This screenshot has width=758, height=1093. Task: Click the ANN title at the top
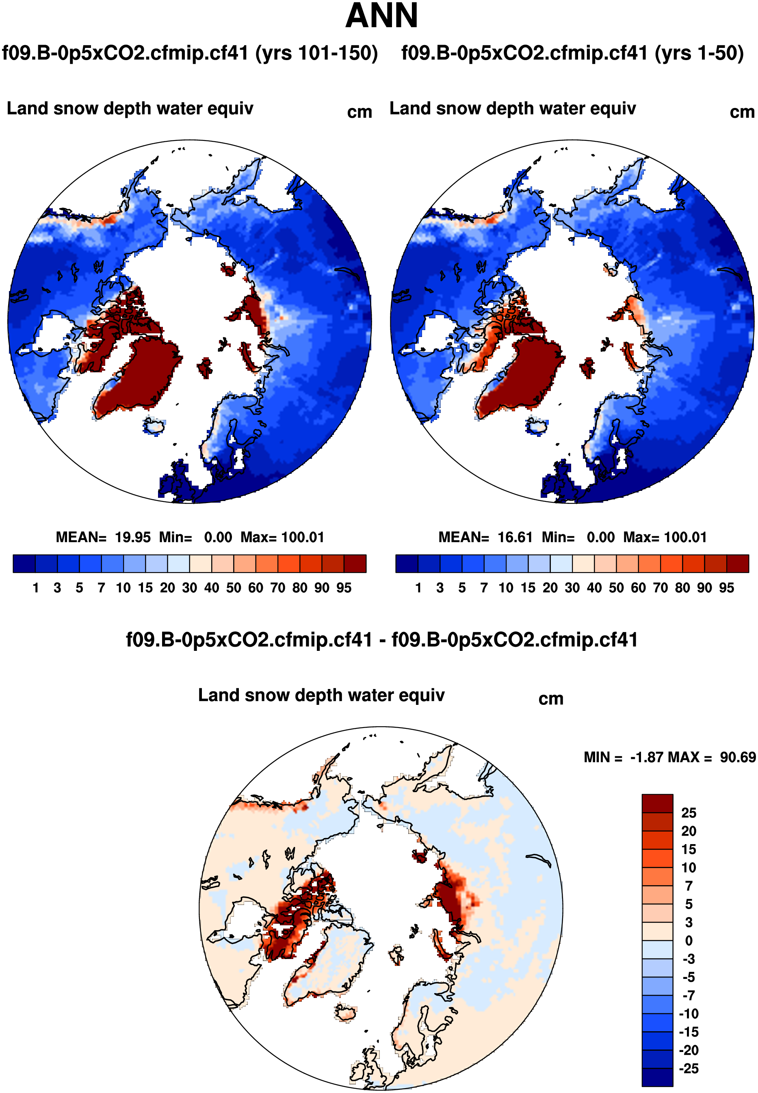click(x=381, y=16)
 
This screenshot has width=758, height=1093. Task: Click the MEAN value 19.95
click(x=132, y=537)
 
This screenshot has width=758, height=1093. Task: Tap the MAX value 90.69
click(x=738, y=757)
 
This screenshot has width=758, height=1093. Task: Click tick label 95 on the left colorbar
click(x=344, y=588)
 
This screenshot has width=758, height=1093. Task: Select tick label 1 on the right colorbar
click(x=418, y=588)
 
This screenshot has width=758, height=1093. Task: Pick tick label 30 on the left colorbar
click(x=189, y=588)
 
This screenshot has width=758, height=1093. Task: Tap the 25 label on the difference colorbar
click(x=689, y=813)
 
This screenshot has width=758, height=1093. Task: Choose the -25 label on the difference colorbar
click(x=690, y=1068)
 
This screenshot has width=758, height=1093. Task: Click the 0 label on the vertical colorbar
click(x=689, y=941)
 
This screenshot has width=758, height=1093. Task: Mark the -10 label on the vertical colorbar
click(x=690, y=1014)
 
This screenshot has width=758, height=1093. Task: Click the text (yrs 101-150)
click(x=316, y=53)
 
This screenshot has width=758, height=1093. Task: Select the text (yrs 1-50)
click(x=699, y=53)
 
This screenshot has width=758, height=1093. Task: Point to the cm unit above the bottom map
click(x=551, y=699)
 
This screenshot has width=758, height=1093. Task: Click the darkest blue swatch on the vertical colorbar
click(x=657, y=1077)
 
